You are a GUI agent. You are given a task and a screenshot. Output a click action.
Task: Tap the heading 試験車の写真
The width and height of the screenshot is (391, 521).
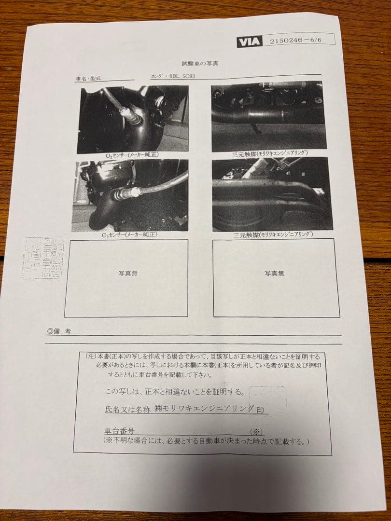(199, 64)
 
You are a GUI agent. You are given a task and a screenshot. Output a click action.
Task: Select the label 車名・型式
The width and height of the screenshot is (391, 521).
(89, 78)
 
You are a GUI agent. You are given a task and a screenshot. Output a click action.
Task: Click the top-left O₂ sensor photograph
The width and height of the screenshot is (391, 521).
(133, 119)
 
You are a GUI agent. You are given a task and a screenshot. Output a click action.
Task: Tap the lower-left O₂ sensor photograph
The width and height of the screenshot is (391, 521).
(130, 195)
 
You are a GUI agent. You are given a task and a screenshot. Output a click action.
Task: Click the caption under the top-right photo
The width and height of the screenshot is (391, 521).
(271, 154)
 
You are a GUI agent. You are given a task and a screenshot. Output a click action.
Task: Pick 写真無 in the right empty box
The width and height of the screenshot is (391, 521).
(274, 273)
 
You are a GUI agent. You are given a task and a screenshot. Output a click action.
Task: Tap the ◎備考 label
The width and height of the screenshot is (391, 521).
(59, 331)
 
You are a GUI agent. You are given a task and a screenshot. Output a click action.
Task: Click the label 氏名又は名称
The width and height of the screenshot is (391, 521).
(127, 410)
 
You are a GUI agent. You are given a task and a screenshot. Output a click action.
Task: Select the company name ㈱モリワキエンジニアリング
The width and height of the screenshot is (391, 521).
(205, 409)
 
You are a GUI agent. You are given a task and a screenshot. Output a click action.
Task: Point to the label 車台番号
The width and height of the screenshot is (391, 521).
(119, 429)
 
